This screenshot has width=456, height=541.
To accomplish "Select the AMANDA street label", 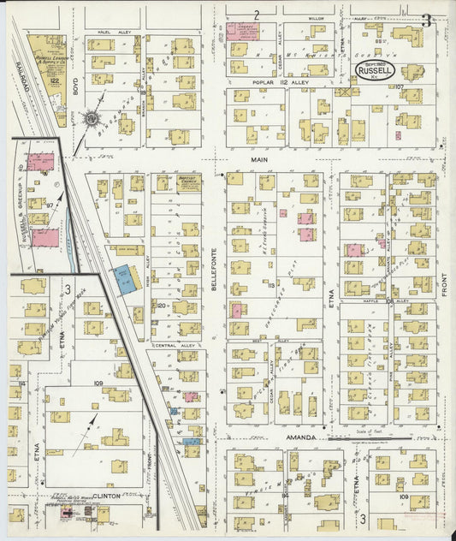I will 303,437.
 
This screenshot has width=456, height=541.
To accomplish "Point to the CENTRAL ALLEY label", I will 167,345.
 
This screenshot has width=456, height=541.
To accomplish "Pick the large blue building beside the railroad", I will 126,280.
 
